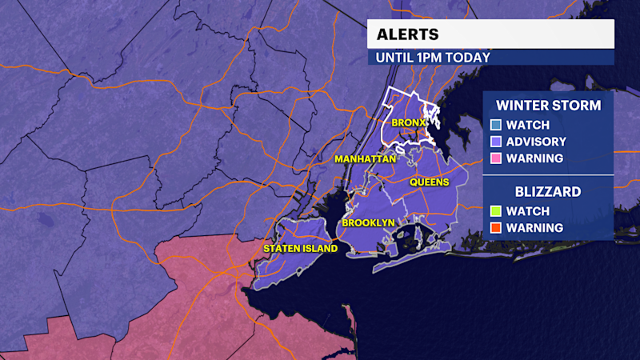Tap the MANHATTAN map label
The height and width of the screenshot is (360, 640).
(366, 159)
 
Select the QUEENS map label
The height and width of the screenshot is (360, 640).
(429, 182)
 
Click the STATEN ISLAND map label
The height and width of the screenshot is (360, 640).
(300, 249)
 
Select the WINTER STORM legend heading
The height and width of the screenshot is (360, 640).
(549, 105)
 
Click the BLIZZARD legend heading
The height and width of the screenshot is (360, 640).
(548, 192)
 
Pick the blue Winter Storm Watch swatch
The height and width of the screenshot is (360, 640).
(496, 125)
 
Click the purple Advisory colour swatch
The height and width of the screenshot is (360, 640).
(496, 142)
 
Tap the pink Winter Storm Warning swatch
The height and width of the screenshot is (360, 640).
(496, 158)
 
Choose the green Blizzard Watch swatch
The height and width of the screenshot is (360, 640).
(496, 211)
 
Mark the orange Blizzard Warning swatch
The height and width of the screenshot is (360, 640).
(496, 228)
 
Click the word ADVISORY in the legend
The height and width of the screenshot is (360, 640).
(537, 142)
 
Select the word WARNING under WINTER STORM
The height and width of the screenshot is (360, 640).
(535, 158)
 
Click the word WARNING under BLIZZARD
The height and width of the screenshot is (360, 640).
(535, 228)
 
